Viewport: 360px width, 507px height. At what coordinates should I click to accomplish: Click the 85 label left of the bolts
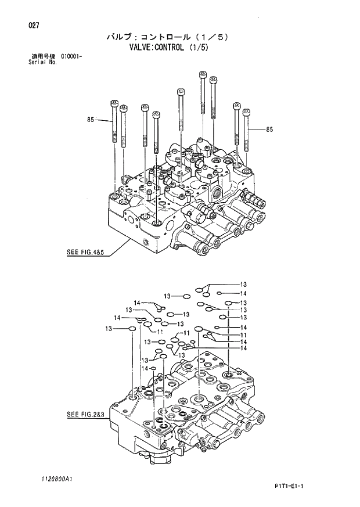pos(91,120)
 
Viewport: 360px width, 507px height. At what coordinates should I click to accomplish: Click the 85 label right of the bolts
pos(269,130)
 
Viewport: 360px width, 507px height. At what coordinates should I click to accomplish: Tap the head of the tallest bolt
pos(203,74)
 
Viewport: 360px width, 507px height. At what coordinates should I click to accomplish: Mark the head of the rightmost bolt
pos(246,111)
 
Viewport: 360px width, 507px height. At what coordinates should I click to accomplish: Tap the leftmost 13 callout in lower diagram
pos(109,329)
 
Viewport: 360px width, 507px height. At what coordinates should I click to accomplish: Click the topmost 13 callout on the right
pos(244,284)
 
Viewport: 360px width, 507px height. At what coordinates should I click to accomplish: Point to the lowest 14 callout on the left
pos(145,368)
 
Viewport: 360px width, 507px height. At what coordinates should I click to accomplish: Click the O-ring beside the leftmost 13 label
pos(132,329)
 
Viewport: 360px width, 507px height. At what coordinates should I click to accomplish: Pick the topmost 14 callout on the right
pos(244,293)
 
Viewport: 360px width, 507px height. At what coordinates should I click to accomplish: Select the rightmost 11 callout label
pos(244,335)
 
